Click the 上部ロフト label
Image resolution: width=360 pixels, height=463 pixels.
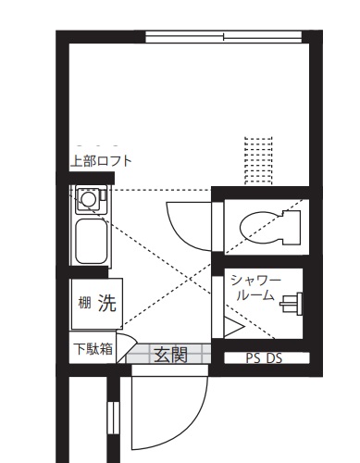point(101,160)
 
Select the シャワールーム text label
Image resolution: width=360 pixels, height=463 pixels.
point(254,287)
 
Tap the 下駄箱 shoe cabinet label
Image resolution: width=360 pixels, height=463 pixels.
point(93,350)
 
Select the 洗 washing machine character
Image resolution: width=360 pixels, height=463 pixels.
point(107,303)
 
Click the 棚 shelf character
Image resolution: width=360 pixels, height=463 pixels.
point(84,303)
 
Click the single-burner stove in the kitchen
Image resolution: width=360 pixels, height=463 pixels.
point(90,197)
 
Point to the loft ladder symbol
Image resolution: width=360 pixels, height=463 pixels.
point(257,159)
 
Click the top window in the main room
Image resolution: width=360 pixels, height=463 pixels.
point(223,38)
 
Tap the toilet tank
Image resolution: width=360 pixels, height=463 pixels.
point(293,225)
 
